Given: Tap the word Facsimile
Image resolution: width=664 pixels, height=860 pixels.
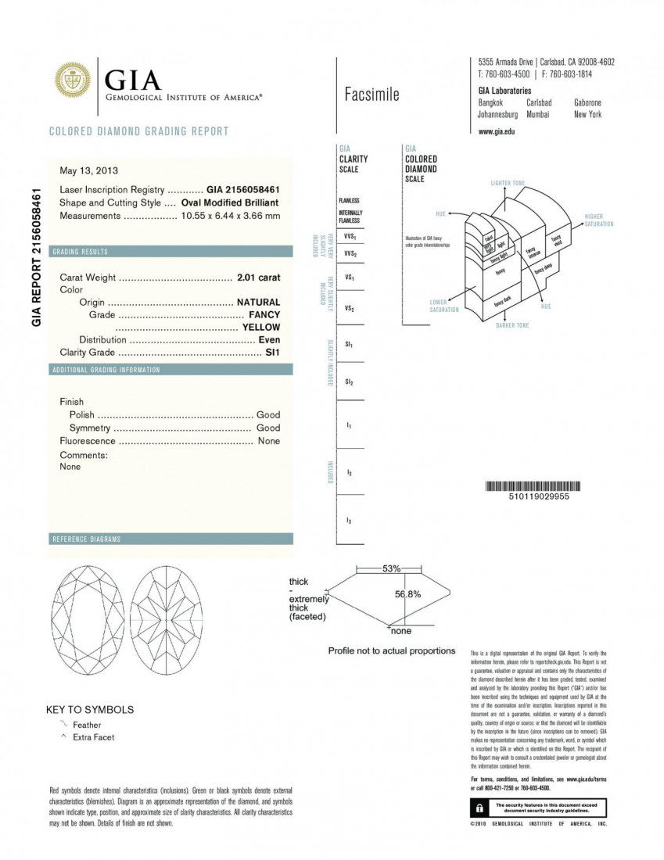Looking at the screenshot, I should [371, 95].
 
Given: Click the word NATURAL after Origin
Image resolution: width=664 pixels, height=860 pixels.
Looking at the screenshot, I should [258, 302].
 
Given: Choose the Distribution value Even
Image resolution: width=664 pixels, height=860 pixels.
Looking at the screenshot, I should [269, 340].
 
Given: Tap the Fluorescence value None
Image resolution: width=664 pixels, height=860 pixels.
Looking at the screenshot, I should [269, 441].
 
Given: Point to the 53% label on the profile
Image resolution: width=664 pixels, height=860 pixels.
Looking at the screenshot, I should [391, 568].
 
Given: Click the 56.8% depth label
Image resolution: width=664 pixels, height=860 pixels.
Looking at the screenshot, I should [407, 594].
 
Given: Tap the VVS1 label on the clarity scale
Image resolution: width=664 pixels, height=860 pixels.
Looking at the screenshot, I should [350, 235].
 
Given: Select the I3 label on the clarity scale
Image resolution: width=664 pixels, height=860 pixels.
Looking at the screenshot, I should [349, 520].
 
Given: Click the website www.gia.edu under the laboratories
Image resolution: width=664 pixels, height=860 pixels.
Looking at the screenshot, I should [496, 131].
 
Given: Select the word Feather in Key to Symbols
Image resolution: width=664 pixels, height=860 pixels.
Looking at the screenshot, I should [87, 725].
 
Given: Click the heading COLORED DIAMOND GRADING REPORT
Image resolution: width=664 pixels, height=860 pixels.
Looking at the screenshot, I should [139, 131].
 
